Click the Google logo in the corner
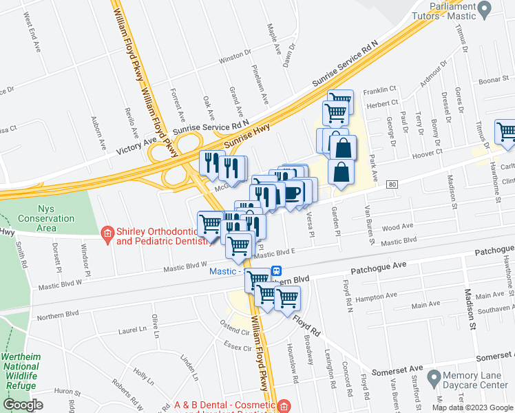point(23,405)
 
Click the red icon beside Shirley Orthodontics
point(107,235)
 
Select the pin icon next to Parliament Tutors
point(484,10)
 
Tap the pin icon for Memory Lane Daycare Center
point(434,377)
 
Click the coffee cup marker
point(292,192)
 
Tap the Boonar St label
point(492,81)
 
